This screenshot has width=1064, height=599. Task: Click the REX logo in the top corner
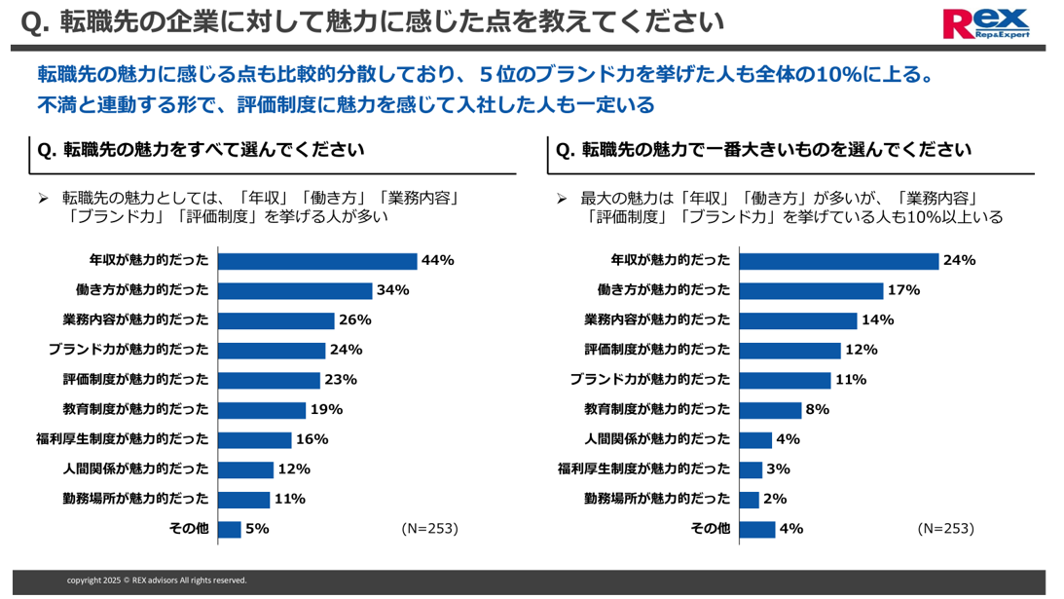985,23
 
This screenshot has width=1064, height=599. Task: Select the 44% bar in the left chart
317,261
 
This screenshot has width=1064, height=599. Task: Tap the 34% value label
393,290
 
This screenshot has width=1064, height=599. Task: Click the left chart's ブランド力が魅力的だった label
128,350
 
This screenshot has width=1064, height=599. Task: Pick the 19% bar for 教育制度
262,410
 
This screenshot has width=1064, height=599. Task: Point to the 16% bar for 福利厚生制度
255,440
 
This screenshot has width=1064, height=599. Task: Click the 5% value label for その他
257,529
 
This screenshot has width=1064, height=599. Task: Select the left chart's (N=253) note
429,529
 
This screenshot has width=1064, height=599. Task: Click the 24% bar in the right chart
839,261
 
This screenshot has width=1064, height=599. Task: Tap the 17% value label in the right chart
903,290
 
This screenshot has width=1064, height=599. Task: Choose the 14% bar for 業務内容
798,320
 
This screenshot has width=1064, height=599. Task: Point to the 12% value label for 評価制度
862,350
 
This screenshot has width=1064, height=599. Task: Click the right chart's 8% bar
770,410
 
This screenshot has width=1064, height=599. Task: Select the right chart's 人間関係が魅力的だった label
657,439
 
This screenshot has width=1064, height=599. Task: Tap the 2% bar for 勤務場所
750,500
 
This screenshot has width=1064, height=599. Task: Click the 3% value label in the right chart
778,469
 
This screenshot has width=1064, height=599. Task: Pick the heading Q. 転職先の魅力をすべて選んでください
201,150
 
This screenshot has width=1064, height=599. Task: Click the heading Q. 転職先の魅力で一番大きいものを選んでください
763,150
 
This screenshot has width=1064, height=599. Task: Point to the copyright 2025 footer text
157,580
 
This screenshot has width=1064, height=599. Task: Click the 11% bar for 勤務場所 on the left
244,500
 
